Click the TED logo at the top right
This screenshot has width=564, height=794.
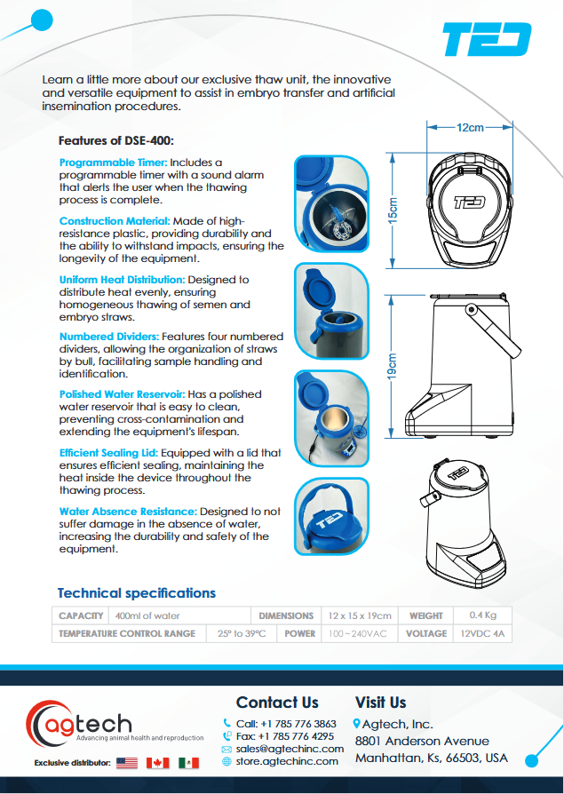click(487, 40)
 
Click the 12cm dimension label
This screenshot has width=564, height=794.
click(470, 127)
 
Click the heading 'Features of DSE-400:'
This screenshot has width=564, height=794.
click(115, 140)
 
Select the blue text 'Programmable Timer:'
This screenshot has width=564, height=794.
click(113, 163)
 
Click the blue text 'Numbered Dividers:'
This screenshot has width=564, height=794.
click(109, 337)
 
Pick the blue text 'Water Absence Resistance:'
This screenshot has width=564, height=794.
click(128, 512)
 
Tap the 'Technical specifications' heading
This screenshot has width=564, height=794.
click(136, 593)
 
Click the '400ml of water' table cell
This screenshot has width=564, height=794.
click(147, 615)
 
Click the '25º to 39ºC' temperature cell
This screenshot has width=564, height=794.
click(242, 634)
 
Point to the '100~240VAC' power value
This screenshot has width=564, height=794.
click(358, 634)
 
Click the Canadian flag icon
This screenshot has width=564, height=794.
click(157, 763)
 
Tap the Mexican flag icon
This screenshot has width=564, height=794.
click(187, 763)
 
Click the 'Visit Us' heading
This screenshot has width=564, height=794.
click(380, 703)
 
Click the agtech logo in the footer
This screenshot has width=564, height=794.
click(80, 724)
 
